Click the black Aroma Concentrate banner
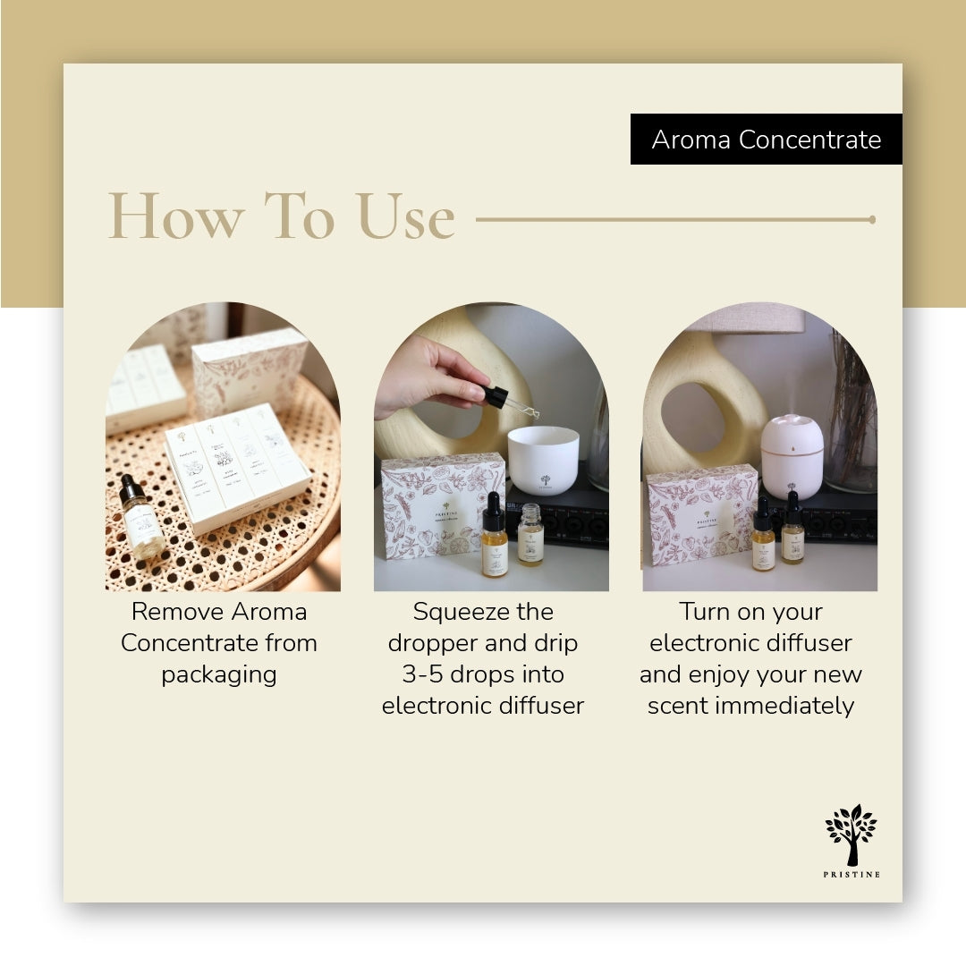click(766, 140)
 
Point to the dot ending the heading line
click(872, 219)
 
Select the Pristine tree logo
click(851, 835)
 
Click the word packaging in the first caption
click(219, 674)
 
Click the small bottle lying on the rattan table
click(142, 518)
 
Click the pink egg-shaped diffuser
click(792, 456)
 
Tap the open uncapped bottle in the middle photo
click(530, 535)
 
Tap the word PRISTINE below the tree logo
click(851, 874)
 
